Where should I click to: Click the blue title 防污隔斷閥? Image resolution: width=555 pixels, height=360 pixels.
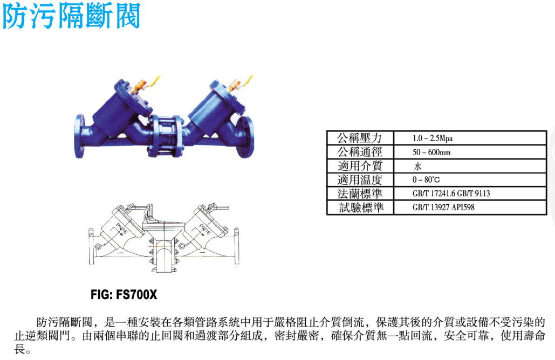tap(71, 16)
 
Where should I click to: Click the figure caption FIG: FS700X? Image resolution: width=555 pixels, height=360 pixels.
tap(124, 295)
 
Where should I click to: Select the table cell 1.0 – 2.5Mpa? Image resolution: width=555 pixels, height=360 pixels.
tap(470, 138)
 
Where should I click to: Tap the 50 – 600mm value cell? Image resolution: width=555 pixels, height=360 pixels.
tap(470, 152)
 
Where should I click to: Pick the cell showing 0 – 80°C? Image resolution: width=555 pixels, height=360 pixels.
tap(470, 179)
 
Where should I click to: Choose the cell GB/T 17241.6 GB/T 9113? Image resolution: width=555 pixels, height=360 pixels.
tap(470, 193)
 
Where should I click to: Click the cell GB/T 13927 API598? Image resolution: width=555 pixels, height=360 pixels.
tap(470, 207)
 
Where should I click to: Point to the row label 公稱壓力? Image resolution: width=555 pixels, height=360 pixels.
tap(360, 138)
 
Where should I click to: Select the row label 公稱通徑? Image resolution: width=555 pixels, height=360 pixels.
tap(360, 152)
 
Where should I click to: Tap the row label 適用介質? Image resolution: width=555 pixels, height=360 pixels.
tap(360, 166)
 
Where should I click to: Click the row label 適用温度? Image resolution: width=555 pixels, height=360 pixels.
tap(360, 179)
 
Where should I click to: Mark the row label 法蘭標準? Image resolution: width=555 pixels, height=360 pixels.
tap(360, 193)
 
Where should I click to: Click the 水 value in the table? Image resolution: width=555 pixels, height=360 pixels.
tap(417, 166)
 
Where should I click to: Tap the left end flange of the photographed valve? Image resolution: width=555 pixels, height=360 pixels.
tap(79, 136)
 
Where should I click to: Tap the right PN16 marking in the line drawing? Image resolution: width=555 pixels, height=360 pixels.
tap(205, 230)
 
